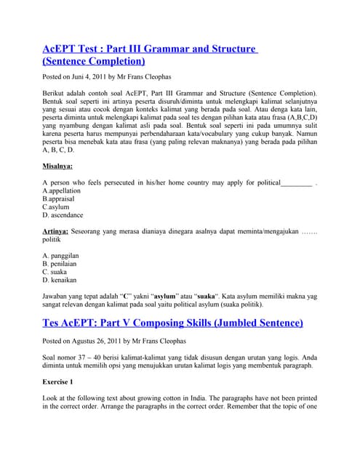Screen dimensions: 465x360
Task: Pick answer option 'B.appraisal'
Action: tap(59, 198)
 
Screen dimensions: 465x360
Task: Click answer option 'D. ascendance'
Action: tap(63, 215)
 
